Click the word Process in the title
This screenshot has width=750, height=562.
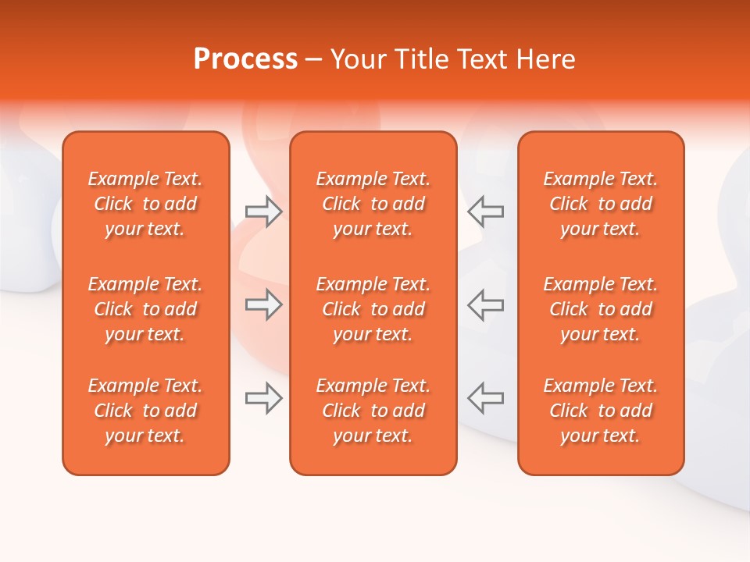245,59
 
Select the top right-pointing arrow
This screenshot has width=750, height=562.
263,212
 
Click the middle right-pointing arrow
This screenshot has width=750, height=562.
263,304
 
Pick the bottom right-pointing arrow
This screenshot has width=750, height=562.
263,398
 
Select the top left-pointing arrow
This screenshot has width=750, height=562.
486,212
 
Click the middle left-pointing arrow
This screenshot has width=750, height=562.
486,304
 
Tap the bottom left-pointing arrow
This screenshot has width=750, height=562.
486,398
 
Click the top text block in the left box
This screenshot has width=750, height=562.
145,204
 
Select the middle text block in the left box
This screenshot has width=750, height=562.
145,309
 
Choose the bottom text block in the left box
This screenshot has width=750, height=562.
145,411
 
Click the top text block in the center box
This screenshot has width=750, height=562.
373,204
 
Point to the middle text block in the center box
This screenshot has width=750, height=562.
373,309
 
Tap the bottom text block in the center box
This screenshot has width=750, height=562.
373,411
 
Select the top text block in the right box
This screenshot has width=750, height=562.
601,204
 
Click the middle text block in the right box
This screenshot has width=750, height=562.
601,309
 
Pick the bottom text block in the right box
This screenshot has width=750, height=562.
601,411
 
